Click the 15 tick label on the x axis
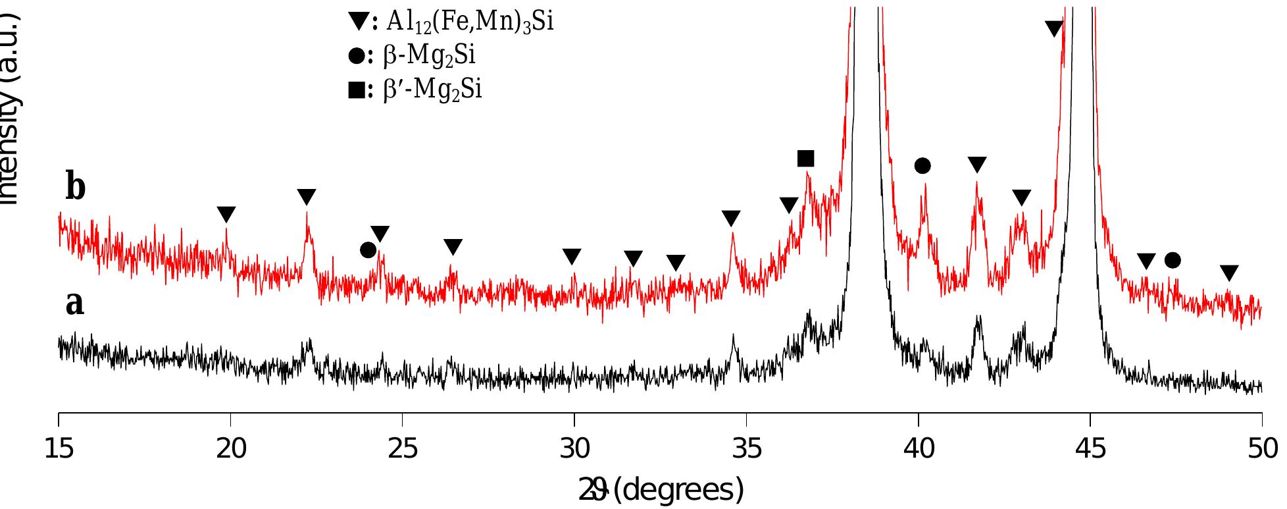point(59,449)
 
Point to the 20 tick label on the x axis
point(231,449)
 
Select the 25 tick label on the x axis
point(403,449)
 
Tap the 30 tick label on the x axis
point(574,449)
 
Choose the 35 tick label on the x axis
point(747,449)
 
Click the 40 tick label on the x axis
point(919,449)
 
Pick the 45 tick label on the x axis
point(1090,449)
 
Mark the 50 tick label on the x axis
point(1262,449)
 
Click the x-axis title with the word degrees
point(661,491)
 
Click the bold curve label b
point(75,187)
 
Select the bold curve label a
point(75,304)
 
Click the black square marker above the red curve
point(805,159)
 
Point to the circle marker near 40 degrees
point(922,166)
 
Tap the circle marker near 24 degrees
point(368,250)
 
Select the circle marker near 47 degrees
point(1173,260)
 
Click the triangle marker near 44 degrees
point(1054,28)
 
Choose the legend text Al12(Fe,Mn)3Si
point(470,22)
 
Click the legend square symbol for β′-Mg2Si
point(356,90)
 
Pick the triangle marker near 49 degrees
point(1229,273)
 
